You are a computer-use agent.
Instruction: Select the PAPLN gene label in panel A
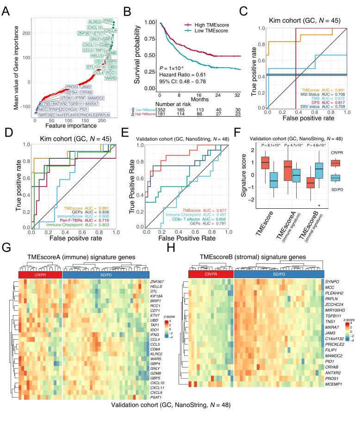pos(104,114)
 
